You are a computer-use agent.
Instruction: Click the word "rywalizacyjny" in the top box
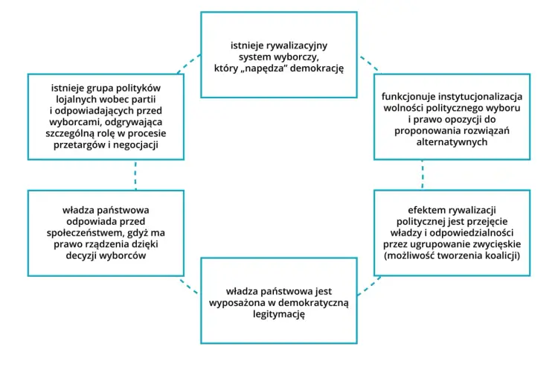pyautogui.click(x=297, y=46)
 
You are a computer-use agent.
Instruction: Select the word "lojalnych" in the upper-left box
pyautogui.click(x=75, y=99)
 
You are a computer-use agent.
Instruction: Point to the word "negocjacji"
pyautogui.click(x=135, y=145)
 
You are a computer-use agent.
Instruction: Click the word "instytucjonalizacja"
pyautogui.click(x=481, y=97)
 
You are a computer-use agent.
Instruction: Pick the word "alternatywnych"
pyautogui.click(x=452, y=142)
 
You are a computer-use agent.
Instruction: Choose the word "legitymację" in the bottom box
pyautogui.click(x=279, y=314)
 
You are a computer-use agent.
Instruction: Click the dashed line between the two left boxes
pyautogui.click(x=135, y=175)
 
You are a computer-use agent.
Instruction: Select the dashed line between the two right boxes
pyautogui.click(x=423, y=174)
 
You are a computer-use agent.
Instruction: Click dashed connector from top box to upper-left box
pyautogui.click(x=189, y=64)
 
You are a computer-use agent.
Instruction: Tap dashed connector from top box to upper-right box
pyautogui.click(x=369, y=64)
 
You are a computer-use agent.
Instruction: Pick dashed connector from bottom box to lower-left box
pyautogui.click(x=189, y=287)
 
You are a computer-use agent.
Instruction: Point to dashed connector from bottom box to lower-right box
pyautogui.click(x=369, y=287)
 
